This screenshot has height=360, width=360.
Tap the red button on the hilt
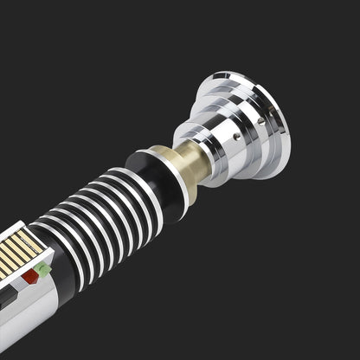tap(31, 277)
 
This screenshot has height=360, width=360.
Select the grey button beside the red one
tap(21, 284)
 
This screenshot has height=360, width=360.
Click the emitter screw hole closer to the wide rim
tap(270, 119)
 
